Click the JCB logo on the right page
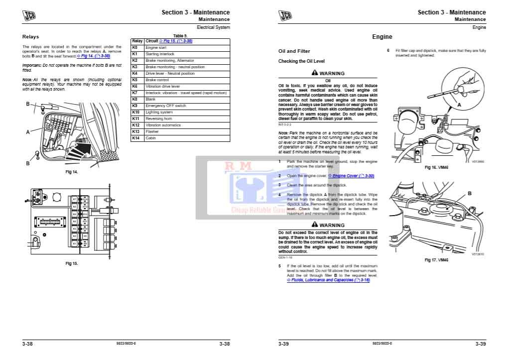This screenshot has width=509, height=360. coord(285,15)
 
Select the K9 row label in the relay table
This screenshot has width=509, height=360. coord(134,106)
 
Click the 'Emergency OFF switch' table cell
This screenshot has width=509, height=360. coord(166,106)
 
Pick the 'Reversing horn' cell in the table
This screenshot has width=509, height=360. coord(159,119)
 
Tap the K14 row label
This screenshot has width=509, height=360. coord(135,138)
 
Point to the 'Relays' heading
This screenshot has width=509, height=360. coord(30,37)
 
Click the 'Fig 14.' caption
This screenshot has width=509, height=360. coord(72,172)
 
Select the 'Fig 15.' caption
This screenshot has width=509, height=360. coord(72,263)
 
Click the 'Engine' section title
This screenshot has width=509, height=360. coord(382,37)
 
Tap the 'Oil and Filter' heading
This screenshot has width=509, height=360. coord(294,51)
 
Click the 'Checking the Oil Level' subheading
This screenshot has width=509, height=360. coord(301,61)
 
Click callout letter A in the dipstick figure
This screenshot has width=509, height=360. coord(459,105)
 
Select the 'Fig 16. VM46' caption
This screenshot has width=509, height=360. coord(436,167)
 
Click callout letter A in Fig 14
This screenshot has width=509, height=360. coord(28,132)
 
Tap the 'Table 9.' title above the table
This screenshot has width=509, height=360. coord(180,36)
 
